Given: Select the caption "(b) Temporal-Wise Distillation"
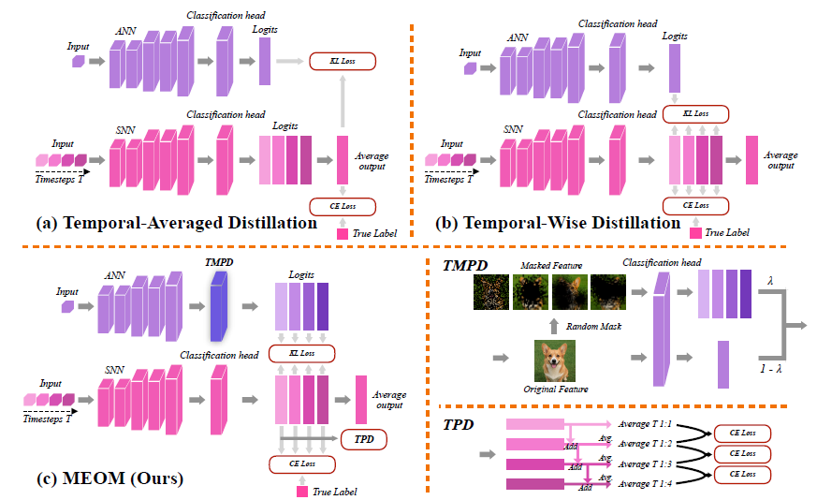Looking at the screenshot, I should tap(559, 223).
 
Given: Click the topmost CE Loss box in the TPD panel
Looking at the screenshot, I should tap(742, 433).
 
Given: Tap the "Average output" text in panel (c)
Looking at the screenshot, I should tap(387, 400).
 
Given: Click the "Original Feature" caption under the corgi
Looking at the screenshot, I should tap(552, 388).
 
